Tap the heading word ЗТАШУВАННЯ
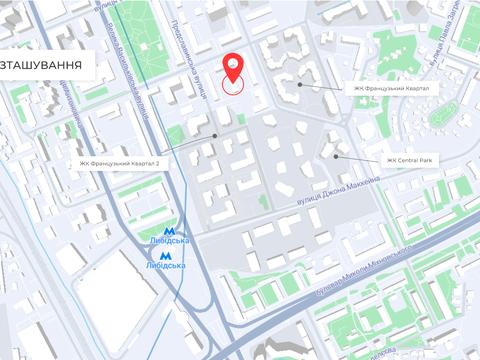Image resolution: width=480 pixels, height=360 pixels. [x=41, y=64]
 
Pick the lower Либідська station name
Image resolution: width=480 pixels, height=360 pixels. [x=166, y=267]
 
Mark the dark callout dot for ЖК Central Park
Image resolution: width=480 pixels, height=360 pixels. [x=337, y=155]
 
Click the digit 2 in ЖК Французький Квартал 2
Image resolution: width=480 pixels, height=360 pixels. [x=158, y=164]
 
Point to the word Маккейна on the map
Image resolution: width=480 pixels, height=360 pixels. [x=357, y=184]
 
